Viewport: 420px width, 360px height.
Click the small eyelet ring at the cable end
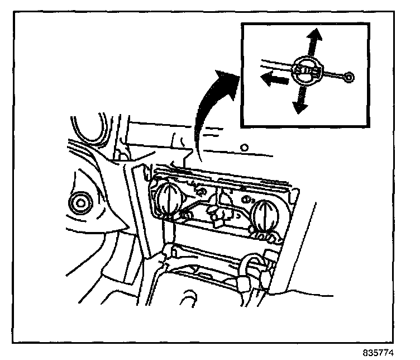(x=349, y=78)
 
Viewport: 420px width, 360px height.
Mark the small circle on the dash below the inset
(x=244, y=148)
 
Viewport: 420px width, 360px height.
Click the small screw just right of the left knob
(x=185, y=215)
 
